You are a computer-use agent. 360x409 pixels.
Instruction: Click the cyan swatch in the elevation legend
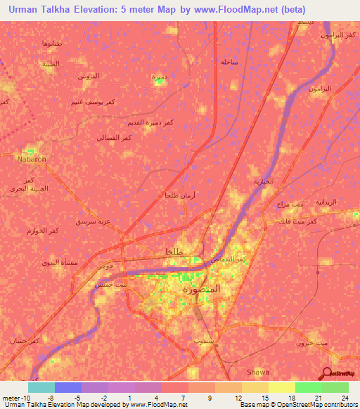[41, 387]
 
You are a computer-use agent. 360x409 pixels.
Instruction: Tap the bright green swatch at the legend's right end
[335, 387]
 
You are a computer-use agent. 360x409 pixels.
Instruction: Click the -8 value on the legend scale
[51, 398]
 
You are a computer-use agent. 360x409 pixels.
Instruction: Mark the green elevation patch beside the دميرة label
[160, 82]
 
